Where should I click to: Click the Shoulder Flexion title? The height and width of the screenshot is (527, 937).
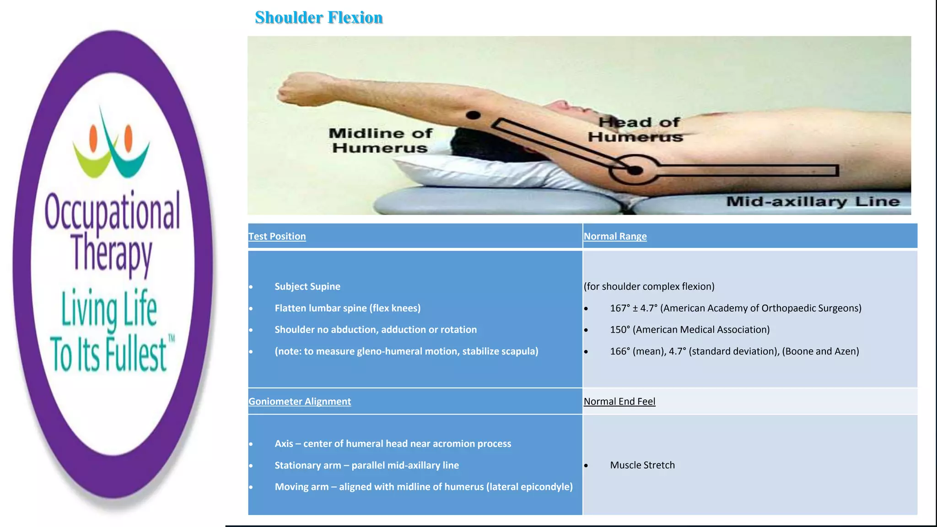tap(318, 17)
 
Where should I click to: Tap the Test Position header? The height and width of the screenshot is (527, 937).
tap(277, 237)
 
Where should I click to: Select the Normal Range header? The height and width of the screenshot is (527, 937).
tap(615, 237)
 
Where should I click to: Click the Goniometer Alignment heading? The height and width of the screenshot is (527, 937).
tap(300, 402)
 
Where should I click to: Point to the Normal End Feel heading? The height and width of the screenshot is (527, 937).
tap(619, 402)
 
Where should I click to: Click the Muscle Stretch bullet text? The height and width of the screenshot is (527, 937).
tap(642, 465)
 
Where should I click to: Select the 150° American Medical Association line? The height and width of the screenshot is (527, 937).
tap(689, 330)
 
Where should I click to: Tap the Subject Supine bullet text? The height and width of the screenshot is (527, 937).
tap(307, 287)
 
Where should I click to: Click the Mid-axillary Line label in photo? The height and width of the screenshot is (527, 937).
tap(813, 202)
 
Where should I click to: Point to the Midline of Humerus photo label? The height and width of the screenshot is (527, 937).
tap(380, 140)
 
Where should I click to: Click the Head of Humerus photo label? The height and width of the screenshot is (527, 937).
tap(636, 129)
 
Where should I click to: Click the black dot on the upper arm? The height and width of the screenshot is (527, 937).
tap(473, 115)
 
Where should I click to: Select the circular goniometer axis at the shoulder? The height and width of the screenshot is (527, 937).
tap(635, 170)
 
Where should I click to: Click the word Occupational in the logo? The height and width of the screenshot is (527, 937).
tap(112, 211)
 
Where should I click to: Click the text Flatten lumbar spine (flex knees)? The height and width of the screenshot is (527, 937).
tap(347, 308)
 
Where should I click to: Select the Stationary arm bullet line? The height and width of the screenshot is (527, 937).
tap(366, 465)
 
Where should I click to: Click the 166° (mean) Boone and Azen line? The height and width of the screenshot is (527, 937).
tap(734, 351)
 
